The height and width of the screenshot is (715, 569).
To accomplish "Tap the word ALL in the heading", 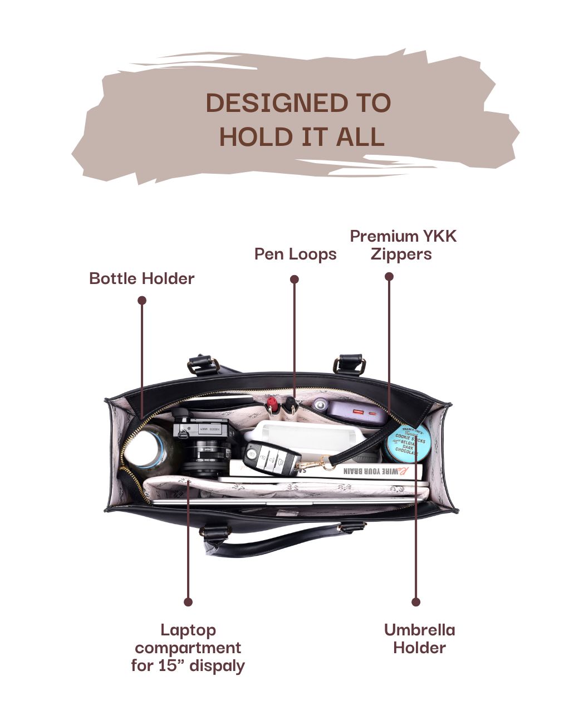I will [360, 138].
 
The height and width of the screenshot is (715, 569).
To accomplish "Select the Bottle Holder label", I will [142, 278].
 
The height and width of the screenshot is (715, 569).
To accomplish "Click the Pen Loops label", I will [296, 254].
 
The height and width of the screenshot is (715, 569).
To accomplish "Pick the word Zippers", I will [401, 254].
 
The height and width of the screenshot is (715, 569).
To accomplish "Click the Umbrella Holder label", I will [419, 639].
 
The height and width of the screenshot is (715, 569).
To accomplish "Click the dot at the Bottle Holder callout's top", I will [142, 300].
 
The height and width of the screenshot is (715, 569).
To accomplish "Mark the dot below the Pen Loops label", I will [295, 279].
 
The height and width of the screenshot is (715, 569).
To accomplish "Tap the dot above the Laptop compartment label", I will [188, 602].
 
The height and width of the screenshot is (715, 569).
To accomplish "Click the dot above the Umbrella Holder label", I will [416, 602].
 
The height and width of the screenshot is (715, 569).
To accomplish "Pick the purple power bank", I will [349, 412].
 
